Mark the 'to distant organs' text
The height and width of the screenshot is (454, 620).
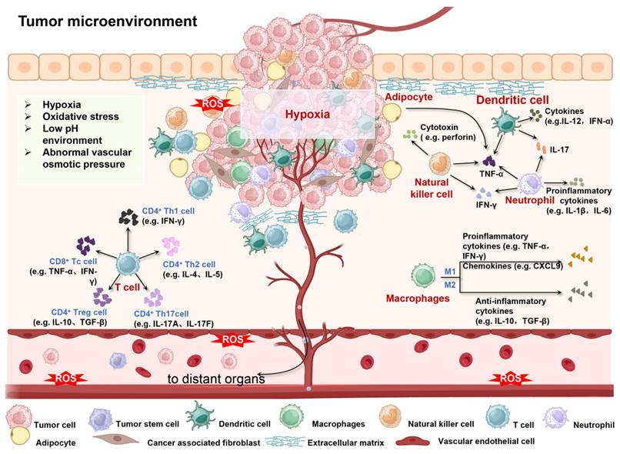click(216, 379)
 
